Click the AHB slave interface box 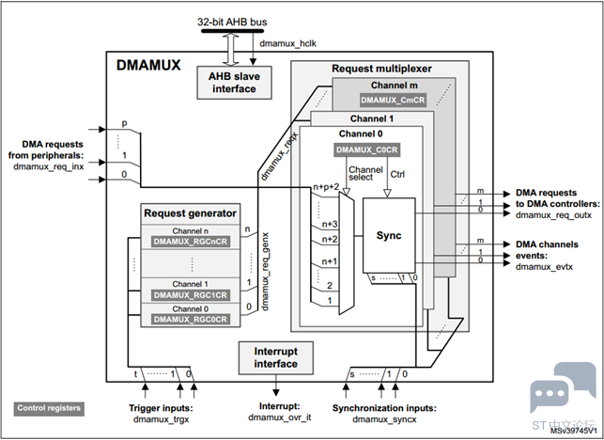pos(234,83)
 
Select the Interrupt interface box pos(276,358)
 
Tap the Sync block pos(389,235)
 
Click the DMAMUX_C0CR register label pos(366,149)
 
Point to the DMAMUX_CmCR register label pos(393,101)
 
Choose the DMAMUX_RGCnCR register pos(191,242)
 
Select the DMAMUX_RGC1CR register pos(191,295)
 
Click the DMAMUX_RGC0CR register pos(191,320)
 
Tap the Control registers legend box pos(49,408)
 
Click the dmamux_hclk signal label pos(287,43)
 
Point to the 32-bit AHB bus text pos(232,22)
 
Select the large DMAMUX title pos(148,65)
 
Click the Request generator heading pos(191,213)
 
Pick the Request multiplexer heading pos(381,69)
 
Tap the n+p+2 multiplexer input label pos(326,187)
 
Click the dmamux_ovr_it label pos(280,417)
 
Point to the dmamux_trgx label pos(161,418)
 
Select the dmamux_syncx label pos(384,418)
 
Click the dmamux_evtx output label pos(544,266)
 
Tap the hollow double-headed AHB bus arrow pos(231,50)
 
